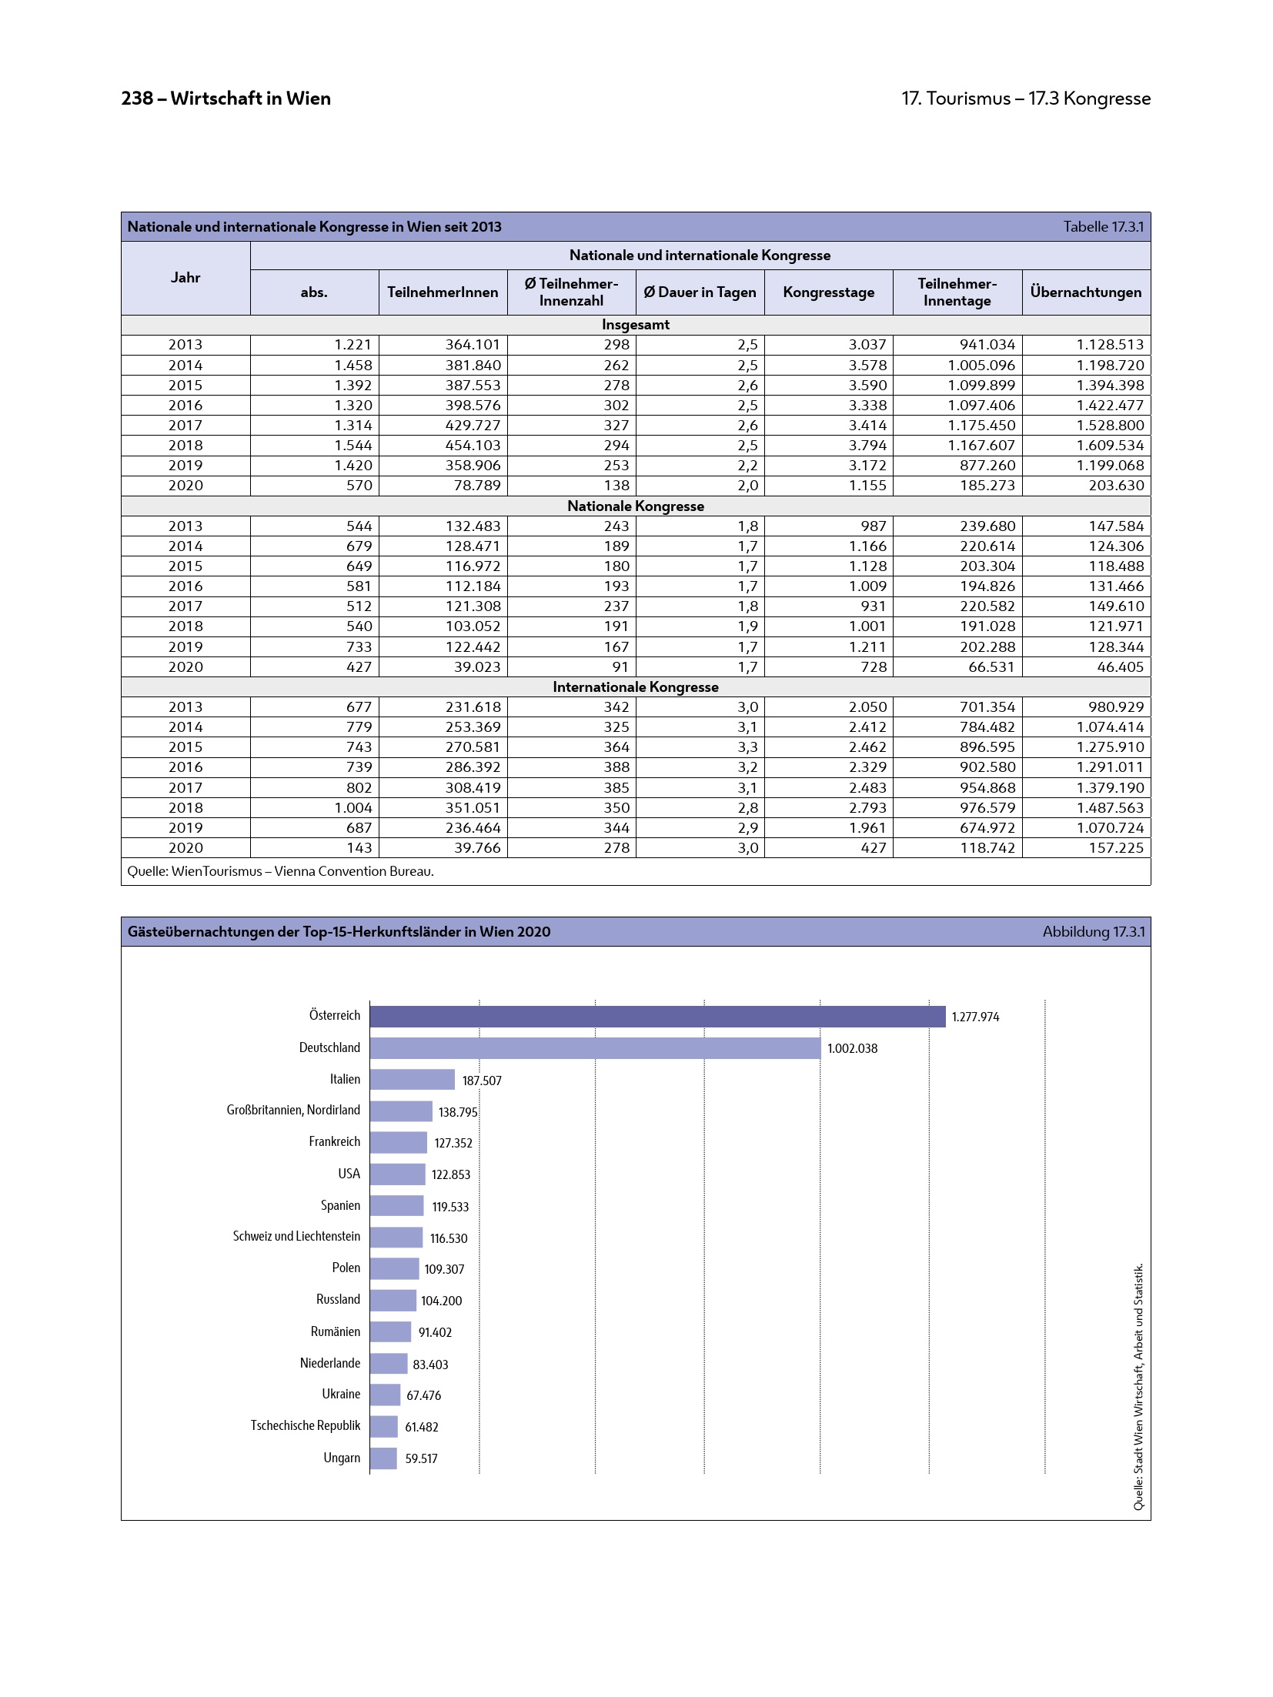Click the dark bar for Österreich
click(x=657, y=1016)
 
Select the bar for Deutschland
click(x=595, y=1047)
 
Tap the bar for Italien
click(x=412, y=1079)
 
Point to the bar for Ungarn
click(x=383, y=1458)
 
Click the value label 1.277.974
click(x=975, y=1017)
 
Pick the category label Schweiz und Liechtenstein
click(x=296, y=1236)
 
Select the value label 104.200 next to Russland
click(x=441, y=1301)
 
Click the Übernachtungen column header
click(x=1085, y=292)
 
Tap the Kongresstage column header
click(x=828, y=292)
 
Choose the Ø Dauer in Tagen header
click(x=700, y=292)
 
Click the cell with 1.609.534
click(x=1110, y=445)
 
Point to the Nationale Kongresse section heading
click(x=636, y=506)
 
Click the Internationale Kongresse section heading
click(x=636, y=686)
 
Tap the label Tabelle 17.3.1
click(x=1103, y=226)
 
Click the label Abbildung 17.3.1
click(x=1093, y=931)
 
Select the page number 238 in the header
click(x=137, y=99)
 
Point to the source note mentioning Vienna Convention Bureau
click(x=280, y=871)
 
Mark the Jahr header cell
click(x=185, y=277)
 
